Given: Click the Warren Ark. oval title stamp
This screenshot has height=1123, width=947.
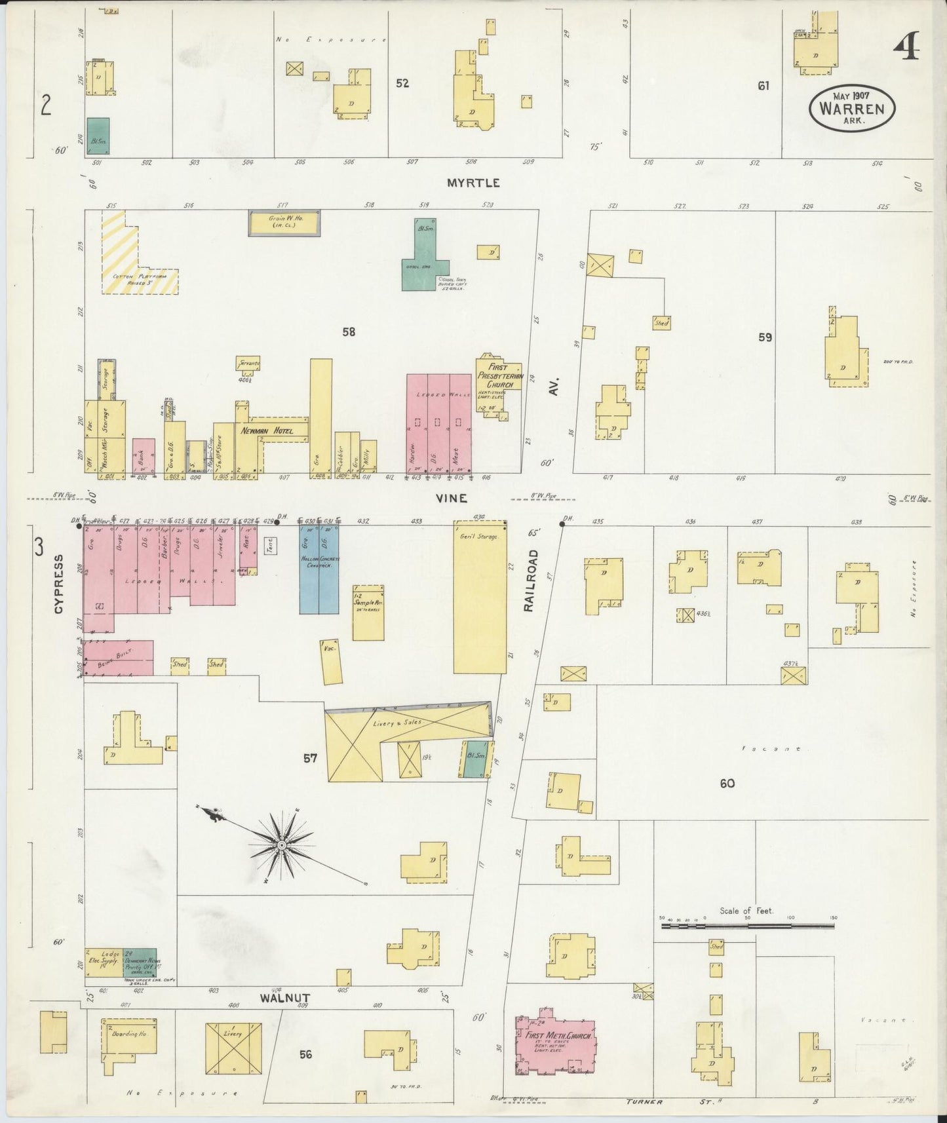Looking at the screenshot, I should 852,109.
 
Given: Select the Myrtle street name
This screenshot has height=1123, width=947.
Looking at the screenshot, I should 473,183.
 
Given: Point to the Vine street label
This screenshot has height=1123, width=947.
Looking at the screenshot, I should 452,499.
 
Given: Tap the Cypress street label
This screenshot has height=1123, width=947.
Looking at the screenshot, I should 58,584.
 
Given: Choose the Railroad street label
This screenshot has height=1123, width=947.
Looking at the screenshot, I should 531,581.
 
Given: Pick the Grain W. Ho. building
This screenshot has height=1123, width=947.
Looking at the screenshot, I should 284,223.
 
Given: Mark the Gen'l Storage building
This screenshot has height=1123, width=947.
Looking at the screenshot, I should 480,596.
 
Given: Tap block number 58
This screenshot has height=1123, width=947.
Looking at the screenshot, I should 349,332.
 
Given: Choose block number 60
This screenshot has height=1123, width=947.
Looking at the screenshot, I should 727,783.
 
